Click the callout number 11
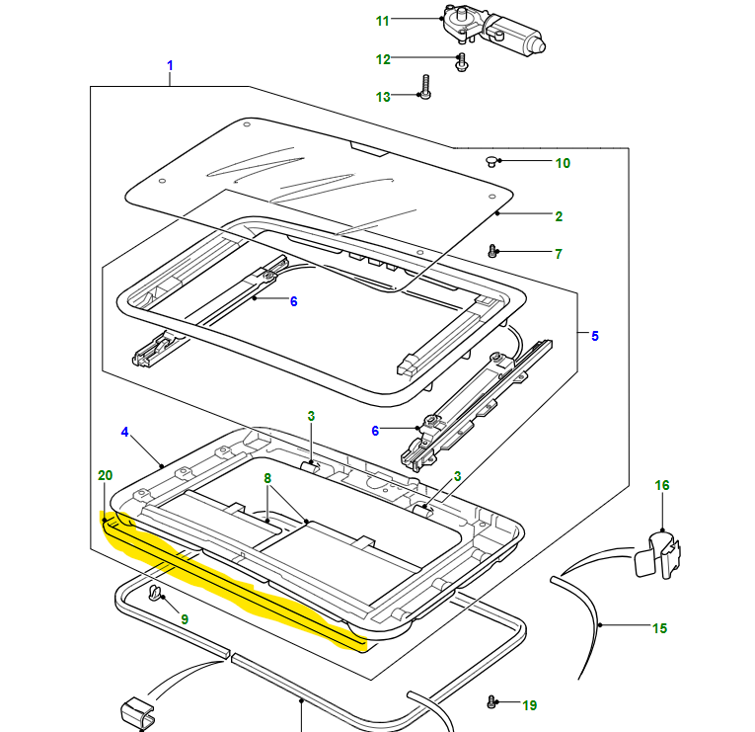pos(383,20)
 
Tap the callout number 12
pos(383,59)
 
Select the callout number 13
pos(383,97)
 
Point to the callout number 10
pos(563,163)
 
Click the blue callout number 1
pos(170,66)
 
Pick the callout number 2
pos(559,215)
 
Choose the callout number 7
pos(559,254)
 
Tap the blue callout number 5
pos(595,336)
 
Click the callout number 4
pos(125,432)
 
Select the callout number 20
pos(105,475)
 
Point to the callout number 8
pos(266,478)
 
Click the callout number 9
pos(184,619)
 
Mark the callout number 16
pos(662,485)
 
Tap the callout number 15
pos(660,628)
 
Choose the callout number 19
pos(530,705)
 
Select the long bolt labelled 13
pos(425,87)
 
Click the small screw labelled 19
pos(492,702)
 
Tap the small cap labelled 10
pos(491,160)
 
